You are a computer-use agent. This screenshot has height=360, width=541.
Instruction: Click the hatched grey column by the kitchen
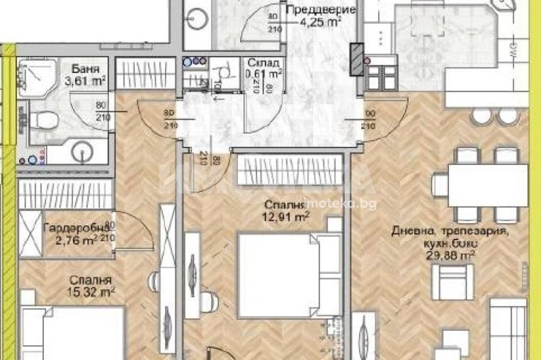click(356, 60)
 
